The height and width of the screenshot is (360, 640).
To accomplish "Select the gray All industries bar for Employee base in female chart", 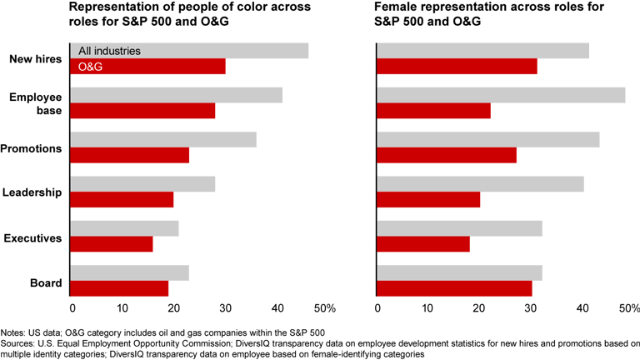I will [x=500, y=95].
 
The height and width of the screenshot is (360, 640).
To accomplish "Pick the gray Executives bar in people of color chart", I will [x=124, y=228].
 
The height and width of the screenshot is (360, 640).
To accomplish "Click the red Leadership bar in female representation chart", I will [x=428, y=200].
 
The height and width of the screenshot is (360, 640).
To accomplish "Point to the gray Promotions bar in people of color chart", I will [x=163, y=140].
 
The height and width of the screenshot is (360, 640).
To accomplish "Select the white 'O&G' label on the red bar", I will [x=90, y=67].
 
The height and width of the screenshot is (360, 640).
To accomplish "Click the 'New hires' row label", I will [x=36, y=59].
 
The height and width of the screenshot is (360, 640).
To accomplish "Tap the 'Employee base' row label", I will [x=36, y=103].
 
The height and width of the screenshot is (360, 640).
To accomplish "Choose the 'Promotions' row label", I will [x=34, y=148].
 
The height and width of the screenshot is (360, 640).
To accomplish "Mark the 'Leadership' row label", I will [x=34, y=192].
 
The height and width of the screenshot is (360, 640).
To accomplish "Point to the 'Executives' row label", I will [x=33, y=238].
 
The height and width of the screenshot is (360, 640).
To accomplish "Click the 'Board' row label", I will [x=46, y=282].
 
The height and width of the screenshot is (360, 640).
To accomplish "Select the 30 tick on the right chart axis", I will [x=530, y=308].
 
